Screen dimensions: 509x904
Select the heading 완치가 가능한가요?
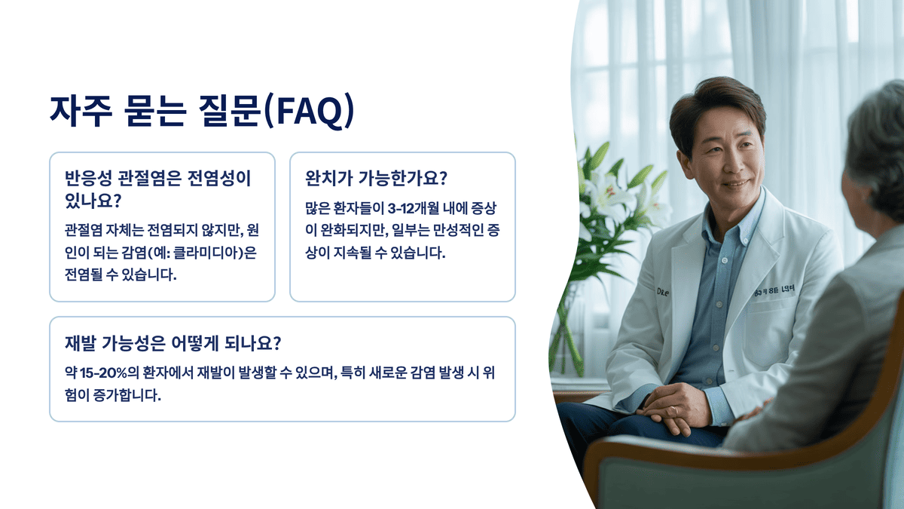tap(376, 179)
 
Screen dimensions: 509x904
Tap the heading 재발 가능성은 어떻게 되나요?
tap(173, 343)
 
